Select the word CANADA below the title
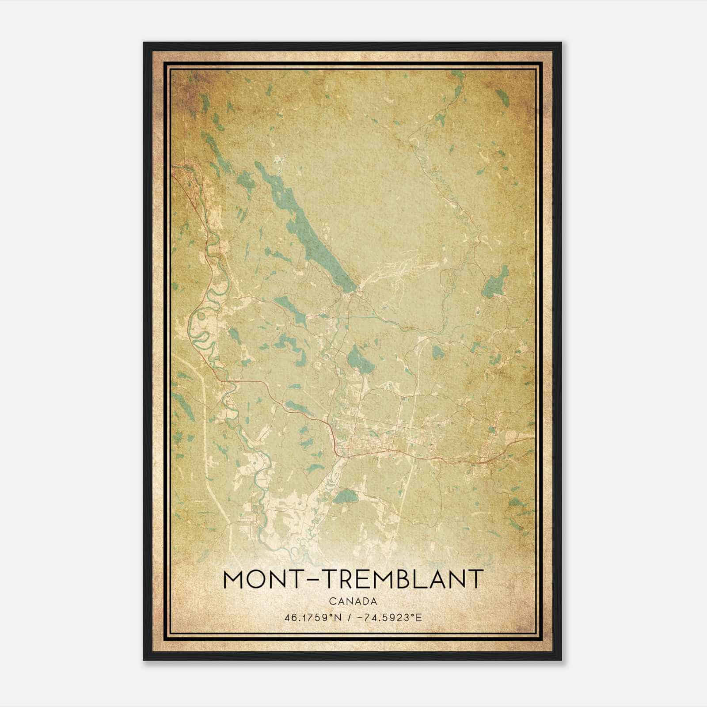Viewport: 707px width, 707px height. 353,601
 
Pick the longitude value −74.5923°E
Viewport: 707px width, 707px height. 388,617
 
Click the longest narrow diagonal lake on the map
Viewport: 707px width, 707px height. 309,230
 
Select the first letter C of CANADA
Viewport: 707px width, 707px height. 331,601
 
